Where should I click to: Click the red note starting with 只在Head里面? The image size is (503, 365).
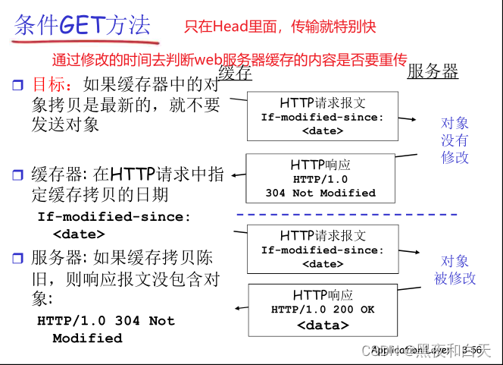pos(280,27)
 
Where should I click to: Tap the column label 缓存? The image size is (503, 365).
pos(235,73)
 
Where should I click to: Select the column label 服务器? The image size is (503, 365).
pos(433,72)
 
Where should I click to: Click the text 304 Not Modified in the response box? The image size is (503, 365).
pos(320,193)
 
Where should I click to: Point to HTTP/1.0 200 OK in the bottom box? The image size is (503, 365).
pos(323,310)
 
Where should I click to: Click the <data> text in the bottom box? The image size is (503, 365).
pos(323,326)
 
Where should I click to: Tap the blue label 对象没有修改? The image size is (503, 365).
pos(455,140)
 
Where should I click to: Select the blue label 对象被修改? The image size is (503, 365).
pos(455,269)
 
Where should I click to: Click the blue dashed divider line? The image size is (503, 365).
pos(348,215)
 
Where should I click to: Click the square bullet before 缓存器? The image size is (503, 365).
pos(18,175)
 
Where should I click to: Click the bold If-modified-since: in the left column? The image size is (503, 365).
pos(114,217)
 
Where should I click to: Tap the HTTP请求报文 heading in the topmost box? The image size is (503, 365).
pos(323,103)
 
